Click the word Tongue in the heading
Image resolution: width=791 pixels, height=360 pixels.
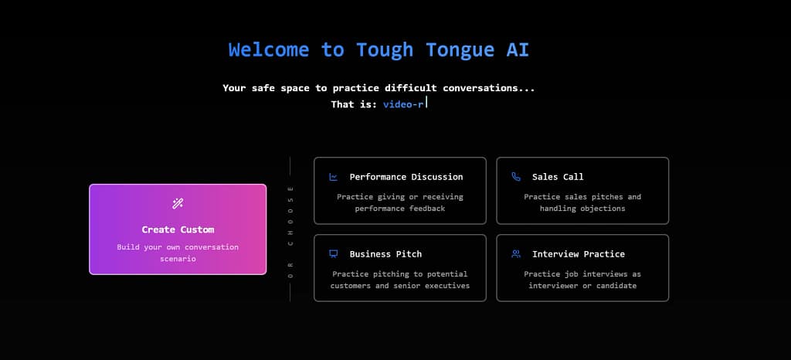tap(454, 50)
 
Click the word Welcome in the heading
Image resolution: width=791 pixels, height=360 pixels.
tap(270, 50)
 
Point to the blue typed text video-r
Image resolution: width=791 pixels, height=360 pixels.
tap(403, 104)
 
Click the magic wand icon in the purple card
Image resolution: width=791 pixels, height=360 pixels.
tap(178, 204)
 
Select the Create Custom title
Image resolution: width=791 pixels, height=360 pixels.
tap(178, 229)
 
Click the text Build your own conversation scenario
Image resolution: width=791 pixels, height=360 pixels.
tap(178, 253)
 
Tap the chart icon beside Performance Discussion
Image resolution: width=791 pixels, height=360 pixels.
tap(334, 177)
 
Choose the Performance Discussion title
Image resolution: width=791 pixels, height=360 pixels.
tap(406, 177)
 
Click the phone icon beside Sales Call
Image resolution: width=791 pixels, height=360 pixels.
tap(516, 177)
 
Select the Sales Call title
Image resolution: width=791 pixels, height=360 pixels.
tap(558, 177)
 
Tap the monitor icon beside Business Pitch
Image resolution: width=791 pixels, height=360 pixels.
tap(334, 254)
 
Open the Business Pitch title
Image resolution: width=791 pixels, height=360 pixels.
tap(385, 254)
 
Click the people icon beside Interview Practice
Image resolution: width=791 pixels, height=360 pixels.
tap(516, 254)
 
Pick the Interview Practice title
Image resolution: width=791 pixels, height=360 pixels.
tap(579, 254)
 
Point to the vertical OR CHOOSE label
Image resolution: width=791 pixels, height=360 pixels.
tap(290, 229)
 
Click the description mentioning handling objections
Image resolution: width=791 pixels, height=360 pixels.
tap(582, 202)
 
